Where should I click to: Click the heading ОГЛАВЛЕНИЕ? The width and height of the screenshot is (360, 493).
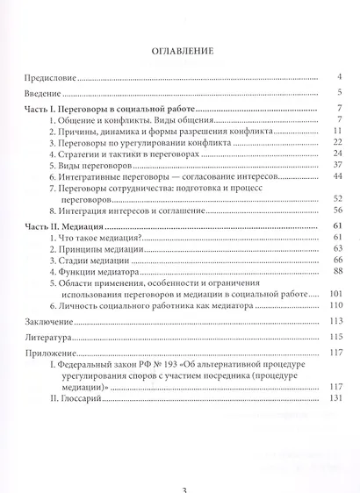click(181, 51)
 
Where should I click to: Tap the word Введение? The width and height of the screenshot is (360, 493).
click(40, 92)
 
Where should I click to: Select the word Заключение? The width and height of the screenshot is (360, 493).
click(45, 322)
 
